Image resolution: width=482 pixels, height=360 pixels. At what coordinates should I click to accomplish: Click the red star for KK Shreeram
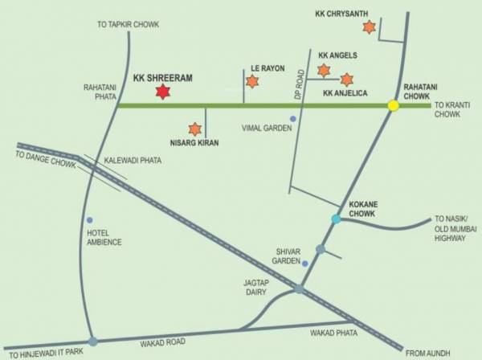pyautogui.click(x=163, y=92)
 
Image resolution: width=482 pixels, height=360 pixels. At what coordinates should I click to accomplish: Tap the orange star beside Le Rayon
pyautogui.click(x=252, y=81)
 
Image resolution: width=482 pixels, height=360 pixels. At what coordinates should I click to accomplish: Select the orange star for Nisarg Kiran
pyautogui.click(x=194, y=129)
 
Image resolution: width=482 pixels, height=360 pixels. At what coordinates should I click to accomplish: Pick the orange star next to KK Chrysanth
pyautogui.click(x=369, y=27)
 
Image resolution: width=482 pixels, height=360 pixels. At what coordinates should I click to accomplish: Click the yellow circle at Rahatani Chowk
pyautogui.click(x=394, y=105)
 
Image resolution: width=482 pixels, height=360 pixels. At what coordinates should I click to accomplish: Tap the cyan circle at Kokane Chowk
pyautogui.click(x=337, y=219)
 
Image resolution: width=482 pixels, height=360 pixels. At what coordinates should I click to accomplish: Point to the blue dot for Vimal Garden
pyautogui.click(x=293, y=119)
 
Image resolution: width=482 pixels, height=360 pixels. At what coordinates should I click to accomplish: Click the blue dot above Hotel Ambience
pyautogui.click(x=90, y=219)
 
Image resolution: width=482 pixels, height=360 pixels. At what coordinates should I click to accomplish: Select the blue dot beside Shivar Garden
pyautogui.click(x=305, y=262)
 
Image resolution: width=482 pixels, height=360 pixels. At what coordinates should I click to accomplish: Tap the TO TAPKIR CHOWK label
pyautogui.click(x=128, y=25)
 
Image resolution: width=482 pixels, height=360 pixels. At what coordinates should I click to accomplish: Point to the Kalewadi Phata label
pyautogui.click(x=133, y=161)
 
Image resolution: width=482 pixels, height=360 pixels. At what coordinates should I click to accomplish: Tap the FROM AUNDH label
pyautogui.click(x=427, y=353)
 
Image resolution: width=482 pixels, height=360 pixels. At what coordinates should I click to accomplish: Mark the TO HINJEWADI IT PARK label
pyautogui.click(x=45, y=354)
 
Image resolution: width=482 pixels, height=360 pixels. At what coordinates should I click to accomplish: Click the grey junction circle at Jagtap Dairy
pyautogui.click(x=299, y=289)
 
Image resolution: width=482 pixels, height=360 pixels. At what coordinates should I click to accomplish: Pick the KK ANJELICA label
pyautogui.click(x=345, y=94)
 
